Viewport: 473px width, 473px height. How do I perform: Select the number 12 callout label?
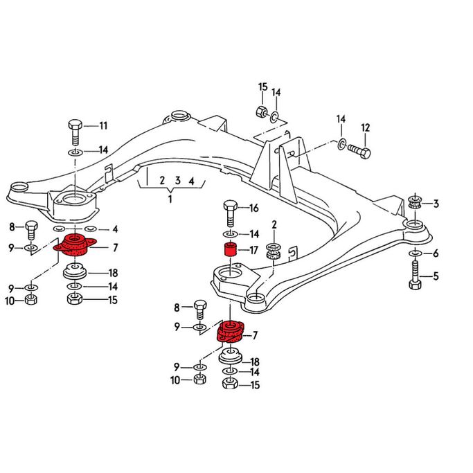click(365, 128)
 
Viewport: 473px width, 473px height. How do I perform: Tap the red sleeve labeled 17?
click(230, 249)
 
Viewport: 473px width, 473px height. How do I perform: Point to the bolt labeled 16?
click(231, 213)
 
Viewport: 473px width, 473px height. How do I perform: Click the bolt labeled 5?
click(416, 275)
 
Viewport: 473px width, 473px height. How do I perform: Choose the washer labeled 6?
click(416, 253)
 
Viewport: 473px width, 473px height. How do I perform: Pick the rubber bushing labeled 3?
click(416, 202)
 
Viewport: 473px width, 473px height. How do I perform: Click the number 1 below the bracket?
click(170, 199)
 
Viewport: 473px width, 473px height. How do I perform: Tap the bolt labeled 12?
click(359, 150)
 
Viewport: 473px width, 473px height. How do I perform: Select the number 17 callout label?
click(253, 250)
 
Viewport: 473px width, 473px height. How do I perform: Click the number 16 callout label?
click(254, 208)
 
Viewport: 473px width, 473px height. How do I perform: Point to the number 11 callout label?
click(103, 125)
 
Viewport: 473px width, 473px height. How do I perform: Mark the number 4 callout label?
click(115, 229)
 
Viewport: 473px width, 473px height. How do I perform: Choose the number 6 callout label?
click(436, 253)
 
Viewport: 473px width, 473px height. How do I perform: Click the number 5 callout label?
click(436, 276)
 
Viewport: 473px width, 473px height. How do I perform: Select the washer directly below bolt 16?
click(230, 234)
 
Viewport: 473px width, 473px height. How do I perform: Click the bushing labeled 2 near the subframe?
click(274, 251)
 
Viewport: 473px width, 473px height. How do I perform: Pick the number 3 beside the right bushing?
click(436, 204)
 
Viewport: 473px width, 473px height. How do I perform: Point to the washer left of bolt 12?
click(341, 144)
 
